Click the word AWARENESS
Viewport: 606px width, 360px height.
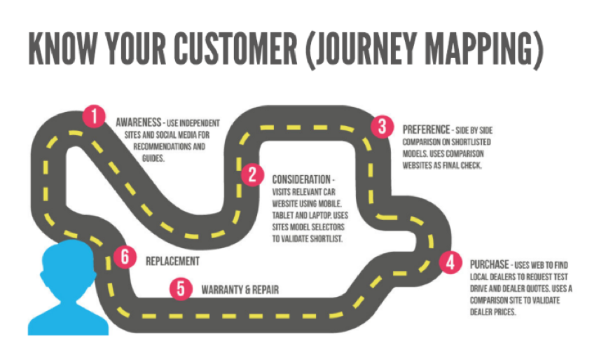click(x=139, y=121)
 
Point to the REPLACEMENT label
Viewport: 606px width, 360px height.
click(x=172, y=261)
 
